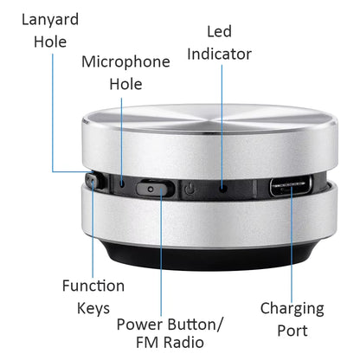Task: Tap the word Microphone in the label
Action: pyautogui.click(x=125, y=61)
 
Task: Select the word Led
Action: pyautogui.click(x=219, y=31)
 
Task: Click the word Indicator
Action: pyautogui.click(x=219, y=54)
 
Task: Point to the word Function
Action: pyautogui.click(x=93, y=286)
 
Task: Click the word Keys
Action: pyautogui.click(x=93, y=308)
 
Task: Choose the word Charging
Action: pyautogui.click(x=292, y=308)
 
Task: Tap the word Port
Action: pyautogui.click(x=292, y=331)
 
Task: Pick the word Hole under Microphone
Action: pyautogui.click(x=125, y=84)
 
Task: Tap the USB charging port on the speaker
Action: pyautogui.click(x=292, y=185)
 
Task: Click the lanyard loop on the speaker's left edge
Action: pyautogui.click(x=91, y=181)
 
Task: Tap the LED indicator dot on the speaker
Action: pyautogui.click(x=223, y=185)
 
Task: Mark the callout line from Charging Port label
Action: pyautogui.click(x=292, y=242)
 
